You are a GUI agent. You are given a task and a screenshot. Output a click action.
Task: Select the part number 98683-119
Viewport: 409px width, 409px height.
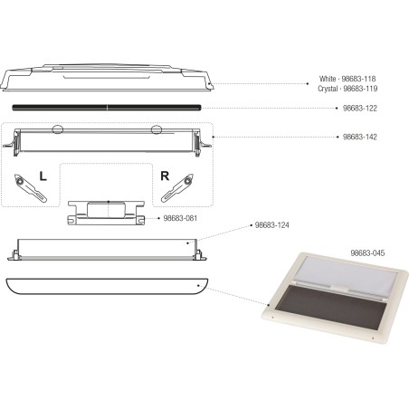pos(370,88)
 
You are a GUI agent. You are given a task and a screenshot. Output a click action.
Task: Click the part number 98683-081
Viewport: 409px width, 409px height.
pos(181,218)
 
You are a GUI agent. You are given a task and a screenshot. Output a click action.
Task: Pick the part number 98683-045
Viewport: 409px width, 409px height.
pos(367,252)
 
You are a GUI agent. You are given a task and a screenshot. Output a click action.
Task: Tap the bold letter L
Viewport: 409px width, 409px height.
pos(42,173)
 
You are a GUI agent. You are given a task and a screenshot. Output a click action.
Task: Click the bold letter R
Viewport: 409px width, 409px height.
pos(164,173)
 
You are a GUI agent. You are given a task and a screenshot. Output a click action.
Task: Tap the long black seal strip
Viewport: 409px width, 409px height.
pos(109,107)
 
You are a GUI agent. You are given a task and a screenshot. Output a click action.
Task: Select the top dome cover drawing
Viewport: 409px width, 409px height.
pos(109,79)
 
